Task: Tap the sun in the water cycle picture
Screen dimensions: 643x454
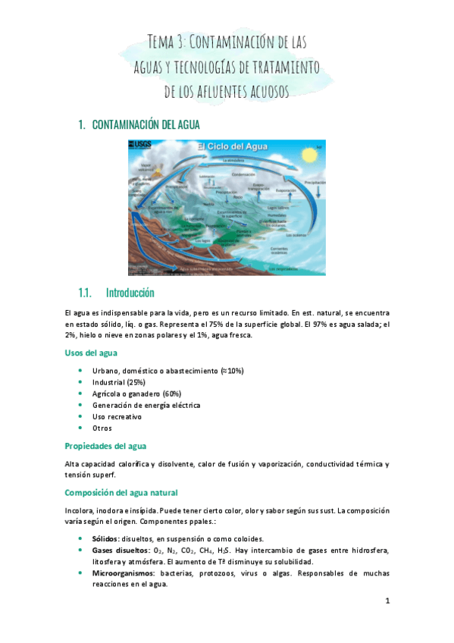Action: click(308, 156)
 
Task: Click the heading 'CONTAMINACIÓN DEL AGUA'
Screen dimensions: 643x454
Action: click(146, 124)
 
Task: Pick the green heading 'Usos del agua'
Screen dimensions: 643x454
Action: click(91, 353)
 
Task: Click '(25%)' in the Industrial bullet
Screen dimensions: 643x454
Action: click(136, 382)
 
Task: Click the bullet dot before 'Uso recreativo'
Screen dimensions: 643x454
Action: click(81, 417)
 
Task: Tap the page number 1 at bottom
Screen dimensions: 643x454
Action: click(387, 601)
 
